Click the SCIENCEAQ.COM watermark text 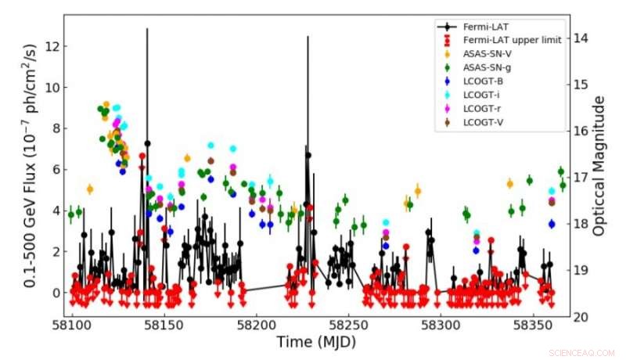[x=592, y=354]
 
